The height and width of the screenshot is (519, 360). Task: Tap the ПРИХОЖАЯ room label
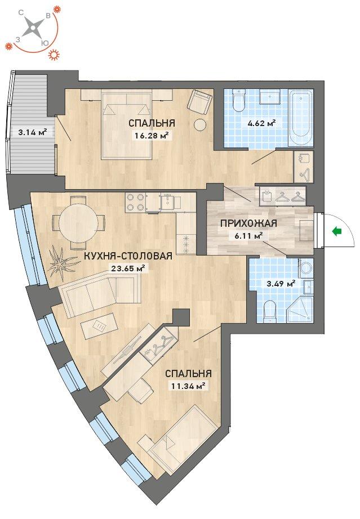pyautogui.click(x=248, y=223)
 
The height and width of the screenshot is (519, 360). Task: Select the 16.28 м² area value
pyautogui.click(x=152, y=135)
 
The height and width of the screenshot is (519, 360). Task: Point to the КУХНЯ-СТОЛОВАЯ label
pyautogui.click(x=128, y=256)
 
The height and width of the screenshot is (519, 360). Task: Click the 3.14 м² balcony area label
pyautogui.click(x=32, y=132)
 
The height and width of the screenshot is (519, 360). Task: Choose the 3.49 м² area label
pyautogui.click(x=281, y=284)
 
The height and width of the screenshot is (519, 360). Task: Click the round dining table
pyautogui.click(x=78, y=223)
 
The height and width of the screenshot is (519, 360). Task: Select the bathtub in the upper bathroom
pyautogui.click(x=300, y=118)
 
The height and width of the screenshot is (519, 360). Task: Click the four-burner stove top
pyautogui.click(x=135, y=202)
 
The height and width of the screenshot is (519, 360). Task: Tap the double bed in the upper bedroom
pyautogui.click(x=127, y=124)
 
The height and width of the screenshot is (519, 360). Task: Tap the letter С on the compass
pyautogui.click(x=20, y=12)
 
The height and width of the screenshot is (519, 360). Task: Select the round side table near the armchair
pyautogui.click(x=200, y=125)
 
